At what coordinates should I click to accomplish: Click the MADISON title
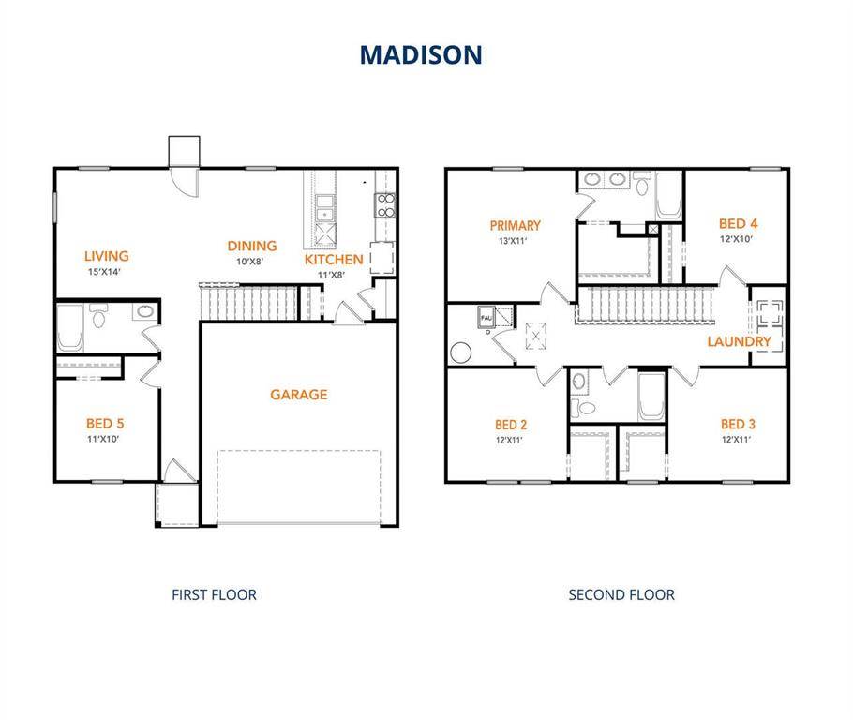[421, 54]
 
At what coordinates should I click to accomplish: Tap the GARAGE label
[299, 395]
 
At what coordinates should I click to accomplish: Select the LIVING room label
[106, 256]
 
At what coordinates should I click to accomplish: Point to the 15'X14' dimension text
[104, 272]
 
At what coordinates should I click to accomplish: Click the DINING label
[251, 247]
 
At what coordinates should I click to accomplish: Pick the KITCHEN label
[334, 260]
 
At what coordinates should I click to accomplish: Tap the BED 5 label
[105, 423]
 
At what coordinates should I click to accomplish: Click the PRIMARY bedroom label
[515, 225]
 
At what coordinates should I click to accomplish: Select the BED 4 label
[738, 223]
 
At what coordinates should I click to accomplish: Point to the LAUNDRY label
[739, 341]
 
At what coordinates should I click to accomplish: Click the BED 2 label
[511, 424]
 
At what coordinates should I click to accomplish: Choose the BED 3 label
[738, 424]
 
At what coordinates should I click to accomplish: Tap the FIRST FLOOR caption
[214, 594]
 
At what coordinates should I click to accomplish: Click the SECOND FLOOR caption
[621, 594]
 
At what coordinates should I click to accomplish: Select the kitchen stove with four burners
[384, 205]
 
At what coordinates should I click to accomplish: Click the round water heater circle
[461, 353]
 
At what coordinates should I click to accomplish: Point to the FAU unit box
[486, 318]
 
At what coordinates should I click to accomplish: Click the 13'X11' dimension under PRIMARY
[515, 241]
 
